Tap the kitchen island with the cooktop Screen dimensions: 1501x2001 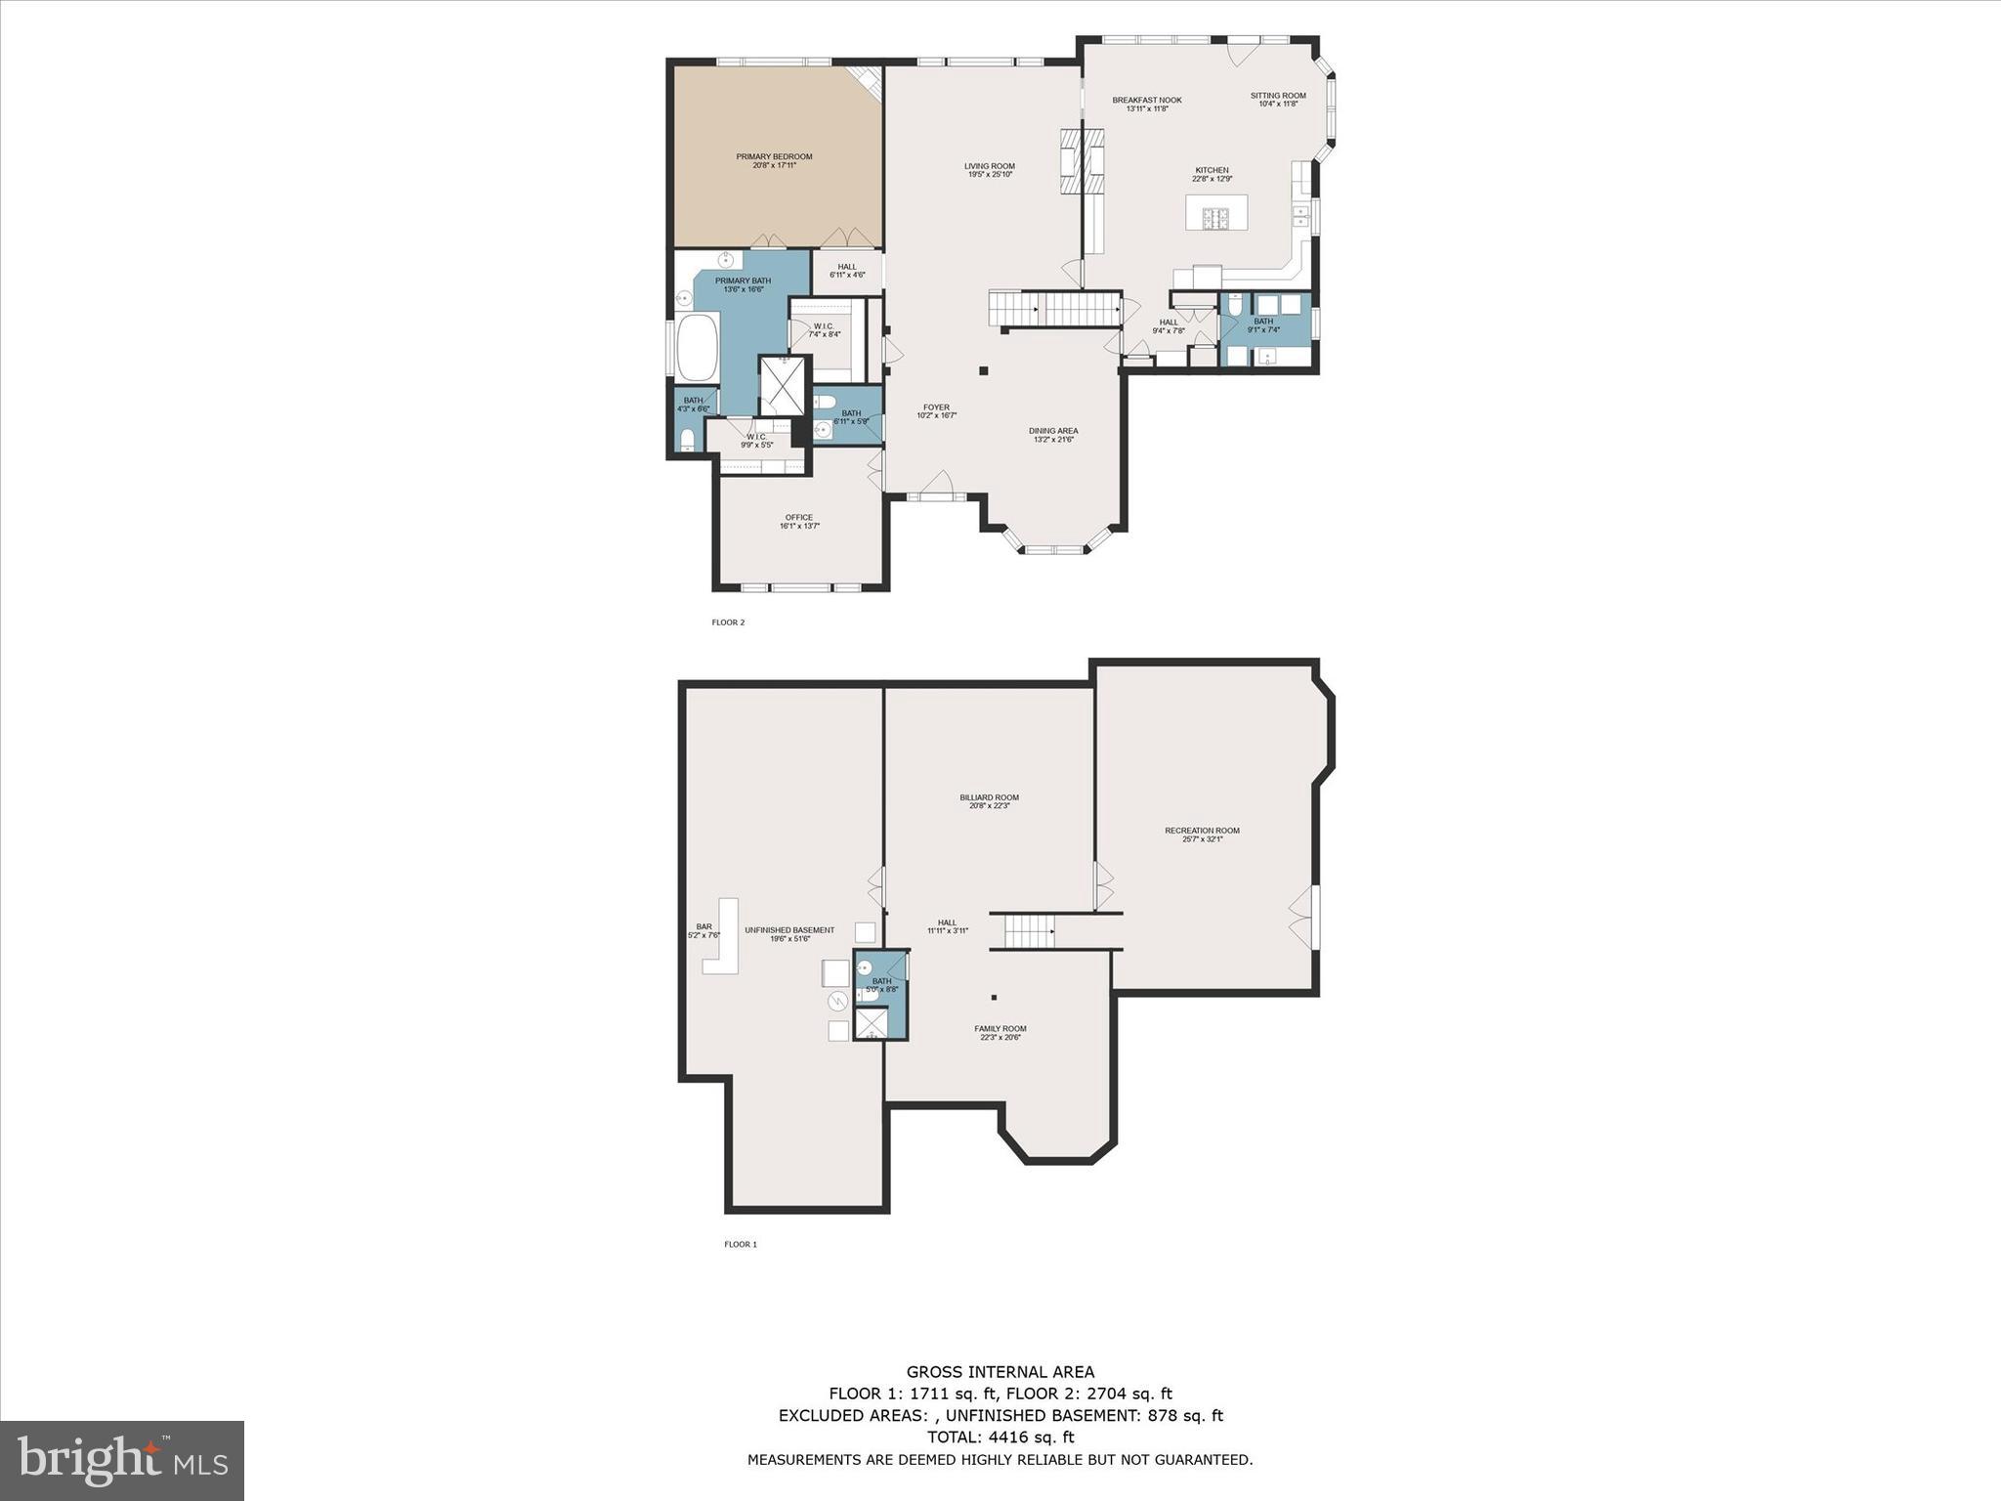[1215, 213]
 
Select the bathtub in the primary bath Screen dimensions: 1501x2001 [697, 348]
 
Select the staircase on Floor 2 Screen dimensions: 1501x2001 [1055, 309]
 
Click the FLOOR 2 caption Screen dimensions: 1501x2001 [728, 622]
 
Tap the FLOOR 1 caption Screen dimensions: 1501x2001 [740, 1244]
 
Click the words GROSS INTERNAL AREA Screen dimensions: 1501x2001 [1000, 1372]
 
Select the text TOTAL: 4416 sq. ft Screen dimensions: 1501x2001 [1000, 1437]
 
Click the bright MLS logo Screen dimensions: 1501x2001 [122, 1460]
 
